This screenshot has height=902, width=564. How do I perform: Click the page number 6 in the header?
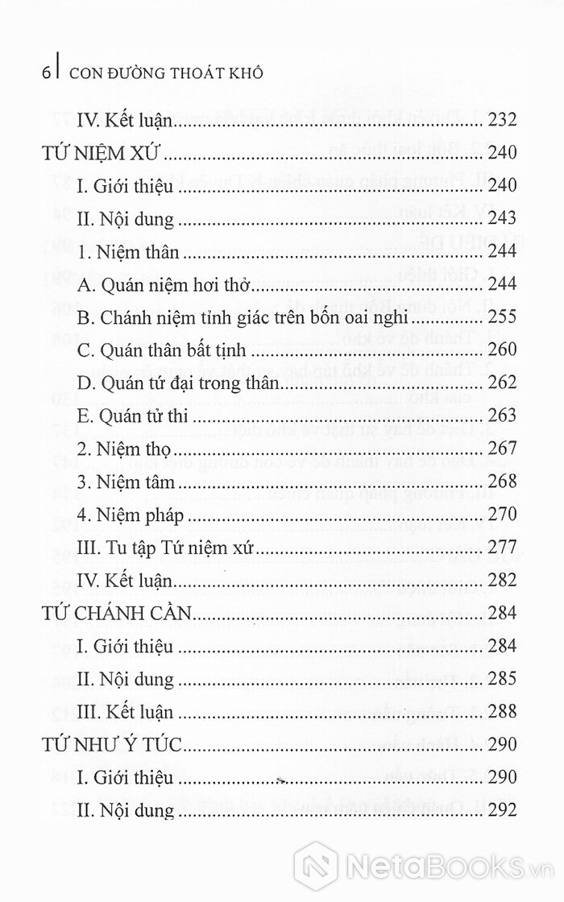(x=45, y=72)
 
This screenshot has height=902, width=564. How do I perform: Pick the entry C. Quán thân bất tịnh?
(x=168, y=351)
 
